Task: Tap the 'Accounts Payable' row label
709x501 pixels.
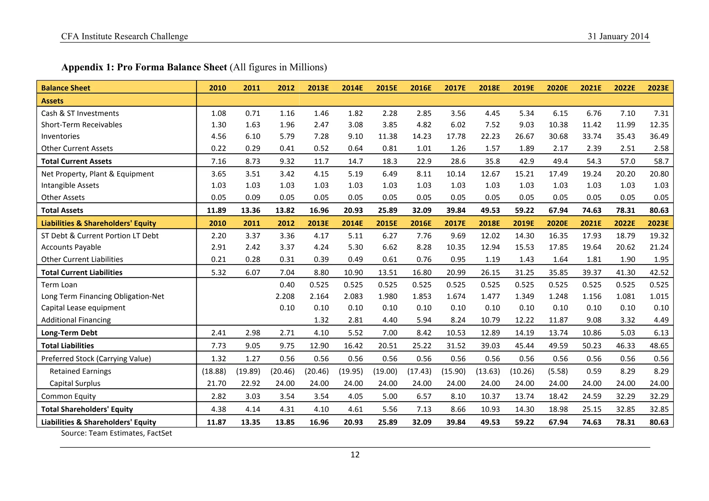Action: (x=71, y=247)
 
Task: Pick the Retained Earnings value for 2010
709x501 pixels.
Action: (x=214, y=371)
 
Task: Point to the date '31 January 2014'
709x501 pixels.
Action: (x=618, y=36)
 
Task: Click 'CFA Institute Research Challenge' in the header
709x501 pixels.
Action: (x=124, y=36)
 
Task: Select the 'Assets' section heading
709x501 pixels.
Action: (x=52, y=101)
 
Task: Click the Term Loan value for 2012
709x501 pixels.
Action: (x=287, y=285)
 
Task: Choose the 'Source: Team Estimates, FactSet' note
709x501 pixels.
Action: (x=116, y=433)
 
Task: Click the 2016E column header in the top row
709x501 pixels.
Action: (x=421, y=88)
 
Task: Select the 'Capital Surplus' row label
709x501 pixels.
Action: (x=75, y=383)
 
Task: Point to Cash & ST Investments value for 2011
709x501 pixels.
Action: (x=252, y=113)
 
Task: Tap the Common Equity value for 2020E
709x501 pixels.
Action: (x=558, y=397)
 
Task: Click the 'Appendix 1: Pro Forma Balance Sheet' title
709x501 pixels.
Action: (x=144, y=67)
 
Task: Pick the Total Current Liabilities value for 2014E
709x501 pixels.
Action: (x=353, y=273)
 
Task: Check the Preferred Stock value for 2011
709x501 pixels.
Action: (x=252, y=359)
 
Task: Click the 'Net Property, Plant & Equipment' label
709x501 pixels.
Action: (x=97, y=174)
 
